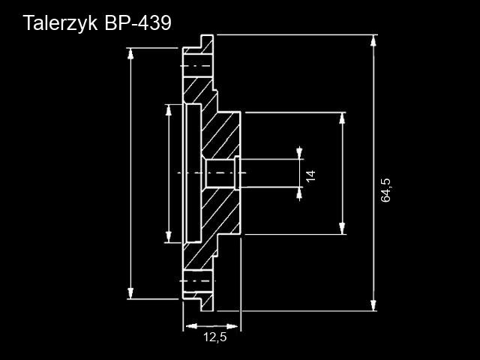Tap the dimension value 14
coord(310,175)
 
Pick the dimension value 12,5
coord(214,337)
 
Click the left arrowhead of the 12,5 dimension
coord(188,325)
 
